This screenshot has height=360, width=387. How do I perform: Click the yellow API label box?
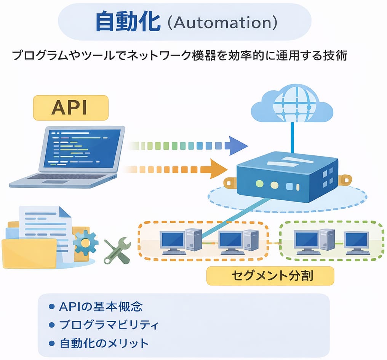pyautogui.click(x=71, y=108)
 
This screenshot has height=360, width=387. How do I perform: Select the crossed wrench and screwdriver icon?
pyautogui.click(x=117, y=251)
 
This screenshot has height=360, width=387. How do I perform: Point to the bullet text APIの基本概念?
pyautogui.click(x=101, y=307)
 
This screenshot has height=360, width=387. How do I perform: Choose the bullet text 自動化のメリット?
pyautogui.click(x=104, y=343)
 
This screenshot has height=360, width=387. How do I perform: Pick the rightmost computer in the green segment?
pyautogui.click(x=356, y=243)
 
